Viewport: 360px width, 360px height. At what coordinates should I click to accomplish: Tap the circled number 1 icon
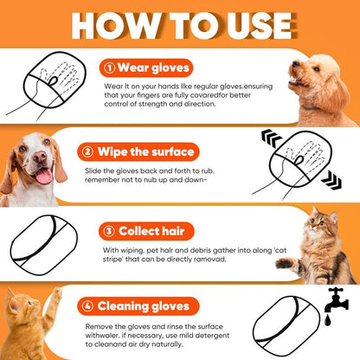click(111, 68)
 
